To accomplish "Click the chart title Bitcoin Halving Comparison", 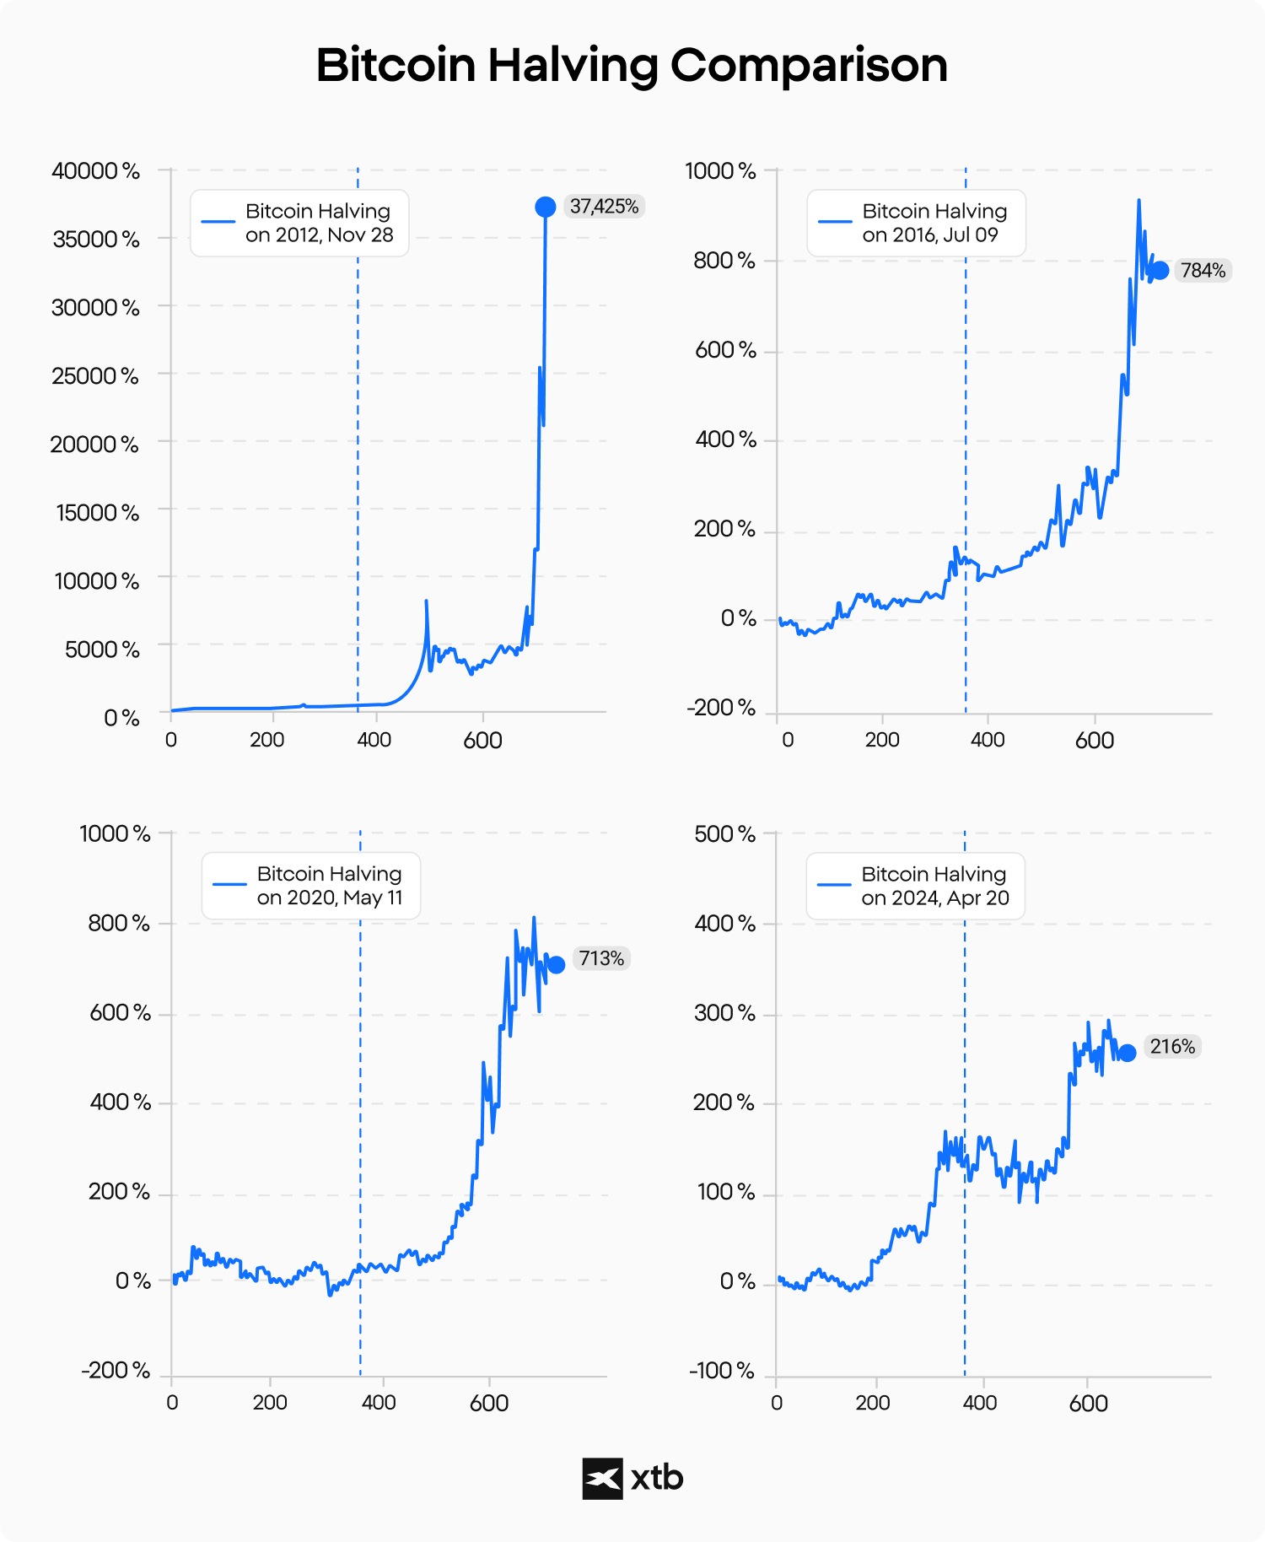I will pyautogui.click(x=632, y=65).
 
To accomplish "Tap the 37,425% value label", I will pyautogui.click(x=604, y=207).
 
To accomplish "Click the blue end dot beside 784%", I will pyautogui.click(x=1160, y=270).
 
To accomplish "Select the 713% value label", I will pyautogui.click(x=601, y=958).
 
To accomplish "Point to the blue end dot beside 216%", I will pyautogui.click(x=1127, y=1053).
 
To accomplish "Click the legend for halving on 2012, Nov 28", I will pyautogui.click(x=299, y=223).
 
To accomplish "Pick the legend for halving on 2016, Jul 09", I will pyautogui.click(x=916, y=223).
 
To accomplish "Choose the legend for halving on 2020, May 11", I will pyautogui.click(x=310, y=886).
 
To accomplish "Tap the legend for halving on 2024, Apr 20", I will pyautogui.click(x=915, y=886).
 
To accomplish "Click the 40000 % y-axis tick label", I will pyautogui.click(x=95, y=170).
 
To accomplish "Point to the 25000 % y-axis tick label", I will pyautogui.click(x=95, y=375).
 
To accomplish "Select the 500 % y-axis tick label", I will pyautogui.click(x=724, y=833).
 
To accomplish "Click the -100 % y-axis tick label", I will pyautogui.click(x=722, y=1371).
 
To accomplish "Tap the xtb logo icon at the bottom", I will pyautogui.click(x=602, y=1478).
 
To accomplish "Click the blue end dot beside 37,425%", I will pyautogui.click(x=546, y=207).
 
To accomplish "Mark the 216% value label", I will pyautogui.click(x=1172, y=1047).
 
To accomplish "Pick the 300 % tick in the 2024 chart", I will pyautogui.click(x=724, y=1013).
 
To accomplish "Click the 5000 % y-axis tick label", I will pyautogui.click(x=102, y=649).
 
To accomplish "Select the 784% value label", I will pyautogui.click(x=1203, y=271).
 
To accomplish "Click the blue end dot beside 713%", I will pyautogui.click(x=556, y=964).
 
